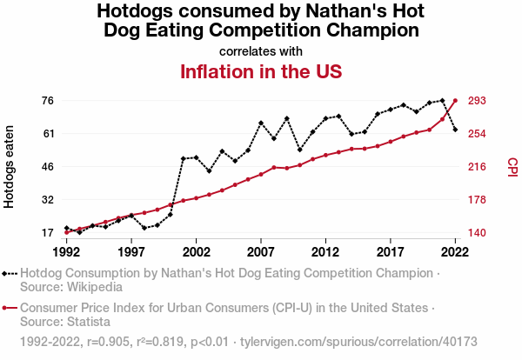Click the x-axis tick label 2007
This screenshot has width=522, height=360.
[261, 251]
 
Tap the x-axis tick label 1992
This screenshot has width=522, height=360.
[66, 251]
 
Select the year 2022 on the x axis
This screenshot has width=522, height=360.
[455, 251]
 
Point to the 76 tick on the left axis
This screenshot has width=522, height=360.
[48, 101]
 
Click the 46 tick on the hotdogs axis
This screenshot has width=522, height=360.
[48, 167]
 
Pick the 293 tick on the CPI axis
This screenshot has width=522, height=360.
[477, 101]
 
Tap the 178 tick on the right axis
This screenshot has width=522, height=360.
[477, 200]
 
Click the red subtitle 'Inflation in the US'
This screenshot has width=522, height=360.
[261, 70]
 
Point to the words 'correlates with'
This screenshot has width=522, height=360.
[261, 50]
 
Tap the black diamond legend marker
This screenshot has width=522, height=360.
[6, 273]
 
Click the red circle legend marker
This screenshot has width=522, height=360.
[6, 308]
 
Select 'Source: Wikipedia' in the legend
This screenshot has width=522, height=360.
[70, 286]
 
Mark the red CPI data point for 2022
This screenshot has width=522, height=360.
[455, 101]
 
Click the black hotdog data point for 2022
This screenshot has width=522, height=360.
[455, 130]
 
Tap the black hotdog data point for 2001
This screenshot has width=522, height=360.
[183, 158]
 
